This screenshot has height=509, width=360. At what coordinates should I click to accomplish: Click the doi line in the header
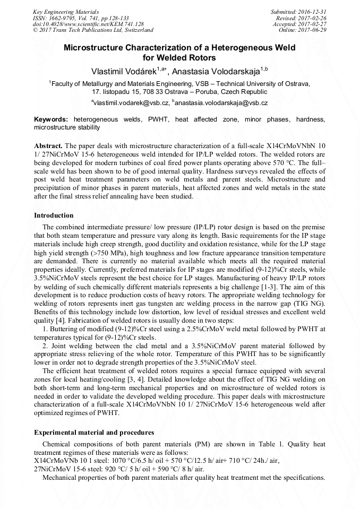[88, 24]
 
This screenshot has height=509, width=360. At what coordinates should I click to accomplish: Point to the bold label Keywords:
[52, 120]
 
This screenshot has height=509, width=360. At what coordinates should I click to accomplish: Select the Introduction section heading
[54, 215]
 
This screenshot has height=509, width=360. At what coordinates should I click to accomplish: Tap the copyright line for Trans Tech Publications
[93, 30]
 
